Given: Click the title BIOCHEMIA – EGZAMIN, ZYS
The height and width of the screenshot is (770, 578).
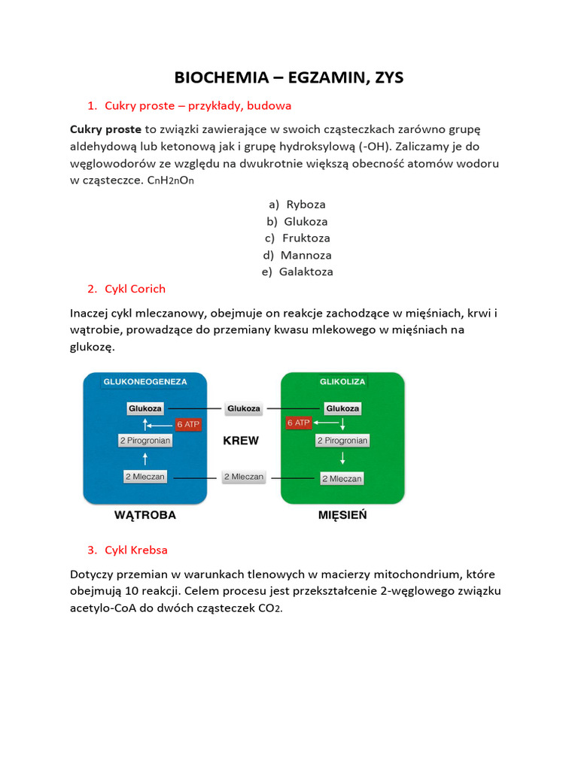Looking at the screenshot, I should click(x=289, y=77).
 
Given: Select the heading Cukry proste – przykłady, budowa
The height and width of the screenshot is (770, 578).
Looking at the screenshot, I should click(x=198, y=105).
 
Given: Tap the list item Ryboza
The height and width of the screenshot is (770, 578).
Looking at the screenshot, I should click(x=306, y=204).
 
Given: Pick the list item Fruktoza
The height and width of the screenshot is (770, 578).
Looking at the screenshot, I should click(x=306, y=238).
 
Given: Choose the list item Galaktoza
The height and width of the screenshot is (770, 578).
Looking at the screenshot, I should click(x=306, y=271).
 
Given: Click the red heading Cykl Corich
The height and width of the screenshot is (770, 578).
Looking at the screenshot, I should click(x=135, y=289).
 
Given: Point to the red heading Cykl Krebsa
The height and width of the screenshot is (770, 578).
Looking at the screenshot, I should click(x=136, y=550).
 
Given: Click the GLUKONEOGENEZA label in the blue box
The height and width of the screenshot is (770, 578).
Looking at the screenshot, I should click(x=145, y=382).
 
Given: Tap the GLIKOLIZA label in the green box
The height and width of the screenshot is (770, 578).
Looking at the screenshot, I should click(x=342, y=382).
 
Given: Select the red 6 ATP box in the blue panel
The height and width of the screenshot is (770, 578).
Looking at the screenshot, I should click(x=188, y=424).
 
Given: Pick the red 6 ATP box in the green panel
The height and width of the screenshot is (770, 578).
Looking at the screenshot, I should click(x=299, y=423).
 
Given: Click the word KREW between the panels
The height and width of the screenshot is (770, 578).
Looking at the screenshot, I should click(x=241, y=441).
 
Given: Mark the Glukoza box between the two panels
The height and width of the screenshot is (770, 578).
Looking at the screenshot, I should click(x=243, y=409).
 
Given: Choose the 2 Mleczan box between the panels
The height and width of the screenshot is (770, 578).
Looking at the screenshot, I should click(x=243, y=477).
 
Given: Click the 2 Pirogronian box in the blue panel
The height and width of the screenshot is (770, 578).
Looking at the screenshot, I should click(x=145, y=441).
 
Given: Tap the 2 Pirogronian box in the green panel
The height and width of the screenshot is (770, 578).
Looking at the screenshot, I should click(x=342, y=441).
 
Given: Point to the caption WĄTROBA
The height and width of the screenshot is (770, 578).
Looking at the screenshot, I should click(x=145, y=516).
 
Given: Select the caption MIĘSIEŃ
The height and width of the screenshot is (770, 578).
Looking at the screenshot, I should click(x=342, y=516).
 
